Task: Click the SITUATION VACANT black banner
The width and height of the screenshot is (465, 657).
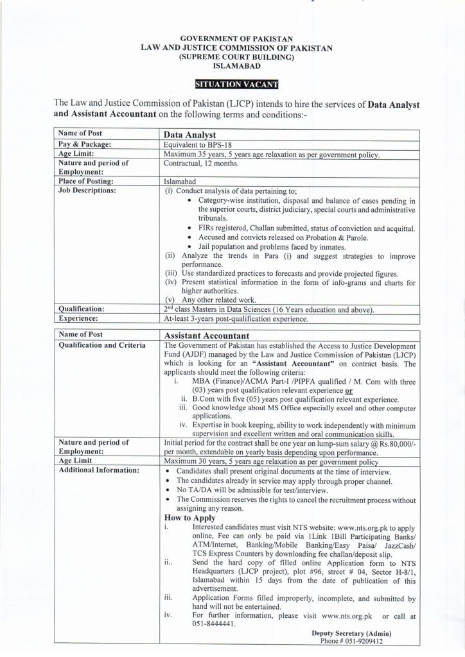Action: (x=237, y=83)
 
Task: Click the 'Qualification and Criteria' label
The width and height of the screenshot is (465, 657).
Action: (x=101, y=345)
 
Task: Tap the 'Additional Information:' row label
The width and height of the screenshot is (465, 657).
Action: (x=99, y=470)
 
